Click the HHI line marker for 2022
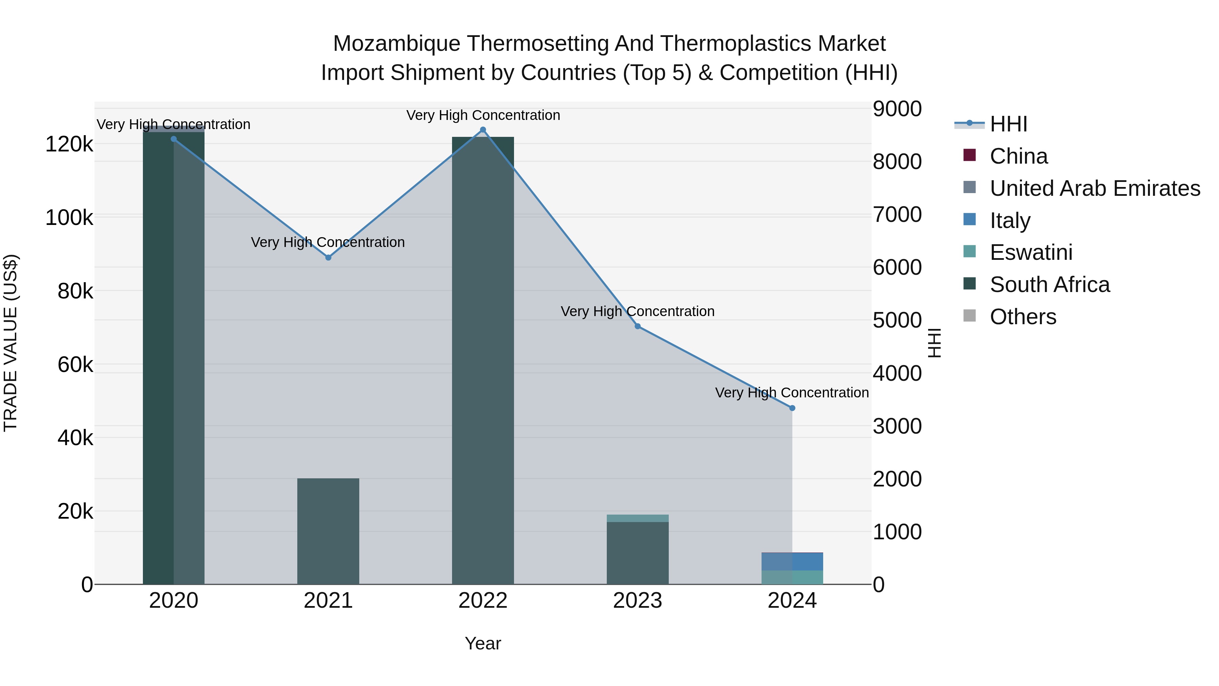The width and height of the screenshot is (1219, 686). pos(483,130)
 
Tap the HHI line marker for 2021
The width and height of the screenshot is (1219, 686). pos(328,257)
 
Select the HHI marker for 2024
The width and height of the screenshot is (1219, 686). pos(792,408)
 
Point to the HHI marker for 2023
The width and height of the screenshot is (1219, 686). pos(637,326)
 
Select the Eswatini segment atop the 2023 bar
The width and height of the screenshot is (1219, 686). pos(637,518)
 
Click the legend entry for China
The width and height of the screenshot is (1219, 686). pos(1018,156)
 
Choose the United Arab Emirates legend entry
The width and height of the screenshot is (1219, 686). pos(1094,188)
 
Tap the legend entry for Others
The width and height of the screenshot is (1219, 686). pos(1023,317)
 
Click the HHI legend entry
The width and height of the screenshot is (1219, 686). pos(1008,124)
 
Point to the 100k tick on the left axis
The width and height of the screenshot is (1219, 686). pos(69,218)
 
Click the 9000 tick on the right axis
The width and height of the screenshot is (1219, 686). pos(897,109)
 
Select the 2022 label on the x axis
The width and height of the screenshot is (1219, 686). pos(483,601)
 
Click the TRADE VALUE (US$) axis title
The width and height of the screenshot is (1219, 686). pos(11,343)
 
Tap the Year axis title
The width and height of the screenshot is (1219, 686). pos(483,643)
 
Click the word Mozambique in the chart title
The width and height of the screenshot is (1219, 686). pos(396,44)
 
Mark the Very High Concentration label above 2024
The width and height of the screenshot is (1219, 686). pos(792,393)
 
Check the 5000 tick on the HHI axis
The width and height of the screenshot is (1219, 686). pos(897,320)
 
